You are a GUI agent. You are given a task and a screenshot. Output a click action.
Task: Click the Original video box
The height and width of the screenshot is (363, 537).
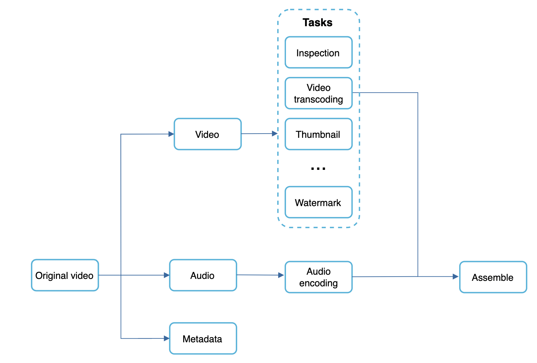[65, 275]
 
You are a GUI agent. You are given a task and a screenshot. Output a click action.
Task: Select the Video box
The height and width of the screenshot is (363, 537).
[207, 134]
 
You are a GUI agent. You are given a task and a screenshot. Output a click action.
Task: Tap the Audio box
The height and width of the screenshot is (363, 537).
[203, 275]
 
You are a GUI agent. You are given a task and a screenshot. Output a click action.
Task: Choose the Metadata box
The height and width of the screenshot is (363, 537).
[203, 338]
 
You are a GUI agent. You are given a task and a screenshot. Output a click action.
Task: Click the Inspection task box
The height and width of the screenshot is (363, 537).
[318, 53]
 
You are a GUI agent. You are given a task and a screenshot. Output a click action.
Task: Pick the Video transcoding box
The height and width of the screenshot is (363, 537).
[318, 93]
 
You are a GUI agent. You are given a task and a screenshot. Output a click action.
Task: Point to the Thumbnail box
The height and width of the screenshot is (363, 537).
[318, 134]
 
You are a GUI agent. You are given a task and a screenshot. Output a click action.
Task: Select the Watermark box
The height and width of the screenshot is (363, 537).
[318, 203]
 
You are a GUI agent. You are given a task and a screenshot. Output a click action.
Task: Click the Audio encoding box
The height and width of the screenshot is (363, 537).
[318, 277]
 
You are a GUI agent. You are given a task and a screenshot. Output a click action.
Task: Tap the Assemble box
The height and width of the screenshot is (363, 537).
[493, 277]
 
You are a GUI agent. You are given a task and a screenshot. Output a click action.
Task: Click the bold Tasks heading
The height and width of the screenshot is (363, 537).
[317, 22]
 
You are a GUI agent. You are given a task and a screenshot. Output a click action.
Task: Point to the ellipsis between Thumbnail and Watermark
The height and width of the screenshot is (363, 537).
[318, 169]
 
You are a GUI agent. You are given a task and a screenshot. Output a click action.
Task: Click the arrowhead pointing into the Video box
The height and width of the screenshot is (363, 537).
[171, 134]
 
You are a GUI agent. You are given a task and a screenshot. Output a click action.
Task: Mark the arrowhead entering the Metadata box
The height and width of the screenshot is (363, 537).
[167, 338]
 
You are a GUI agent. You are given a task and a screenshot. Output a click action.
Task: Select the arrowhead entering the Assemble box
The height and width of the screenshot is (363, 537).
[456, 277]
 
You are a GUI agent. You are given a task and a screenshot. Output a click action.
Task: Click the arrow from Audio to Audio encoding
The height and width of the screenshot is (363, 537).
[260, 275]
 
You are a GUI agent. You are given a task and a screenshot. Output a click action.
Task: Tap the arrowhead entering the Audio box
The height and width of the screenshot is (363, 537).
[167, 275]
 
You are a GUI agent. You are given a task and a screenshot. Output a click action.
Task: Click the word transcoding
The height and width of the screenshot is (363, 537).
[318, 99]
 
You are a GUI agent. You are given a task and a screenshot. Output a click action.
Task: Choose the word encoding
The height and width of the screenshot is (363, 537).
[318, 283]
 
